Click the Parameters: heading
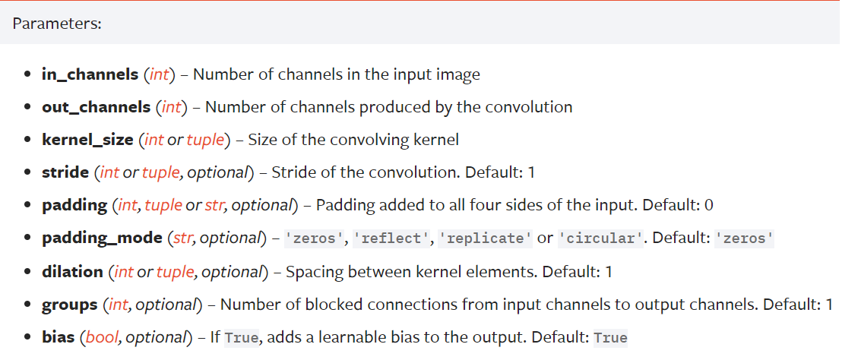click(x=57, y=24)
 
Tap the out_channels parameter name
click(x=96, y=107)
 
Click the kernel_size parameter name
click(x=87, y=140)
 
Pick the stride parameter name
click(x=65, y=172)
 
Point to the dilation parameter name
click(x=72, y=271)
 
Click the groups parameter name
click(x=69, y=304)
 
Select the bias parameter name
click(x=59, y=336)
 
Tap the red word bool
click(x=100, y=336)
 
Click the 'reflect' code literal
click(x=388, y=238)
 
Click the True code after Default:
click(x=610, y=337)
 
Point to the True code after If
click(x=242, y=337)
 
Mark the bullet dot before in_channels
click(x=27, y=74)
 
